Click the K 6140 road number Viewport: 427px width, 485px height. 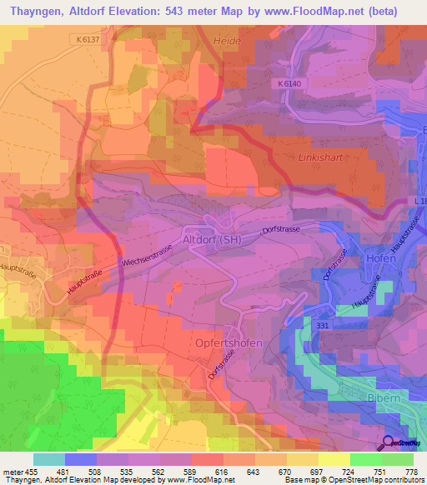coord(284,84)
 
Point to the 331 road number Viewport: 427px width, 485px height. coord(324,325)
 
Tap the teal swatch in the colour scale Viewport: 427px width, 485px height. coord(49,459)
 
